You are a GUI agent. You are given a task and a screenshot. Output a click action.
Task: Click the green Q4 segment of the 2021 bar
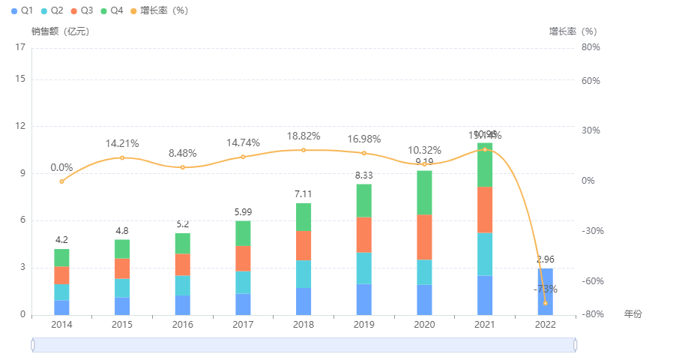coord(485,164)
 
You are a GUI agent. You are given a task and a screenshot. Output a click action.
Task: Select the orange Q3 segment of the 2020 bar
coord(424,237)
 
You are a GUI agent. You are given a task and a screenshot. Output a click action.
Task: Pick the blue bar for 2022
coord(545,291)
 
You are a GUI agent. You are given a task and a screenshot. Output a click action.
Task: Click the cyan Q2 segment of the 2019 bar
coord(363,268)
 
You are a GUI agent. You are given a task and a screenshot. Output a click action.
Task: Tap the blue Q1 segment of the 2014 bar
coord(61,307)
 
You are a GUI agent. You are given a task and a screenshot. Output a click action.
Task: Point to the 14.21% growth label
coord(122,143)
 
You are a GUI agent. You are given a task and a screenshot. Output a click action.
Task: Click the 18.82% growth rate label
coord(304,136)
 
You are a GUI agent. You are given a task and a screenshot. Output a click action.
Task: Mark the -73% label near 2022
coord(545,289)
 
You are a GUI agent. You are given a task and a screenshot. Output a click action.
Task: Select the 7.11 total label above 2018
coord(304,195)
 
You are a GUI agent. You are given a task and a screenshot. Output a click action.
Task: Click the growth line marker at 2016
coord(183,167)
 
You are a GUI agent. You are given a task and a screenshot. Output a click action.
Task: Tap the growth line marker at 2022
coord(545,303)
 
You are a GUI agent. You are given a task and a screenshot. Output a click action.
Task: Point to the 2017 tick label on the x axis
coord(243,325)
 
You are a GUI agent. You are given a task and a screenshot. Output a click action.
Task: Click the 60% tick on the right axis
coord(591,80)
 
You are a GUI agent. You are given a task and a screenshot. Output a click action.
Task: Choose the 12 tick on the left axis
coord(20,126)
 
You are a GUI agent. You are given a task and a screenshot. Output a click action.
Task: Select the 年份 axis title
coord(633,313)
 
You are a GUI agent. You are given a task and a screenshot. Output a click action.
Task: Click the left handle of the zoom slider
coord(33,344)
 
